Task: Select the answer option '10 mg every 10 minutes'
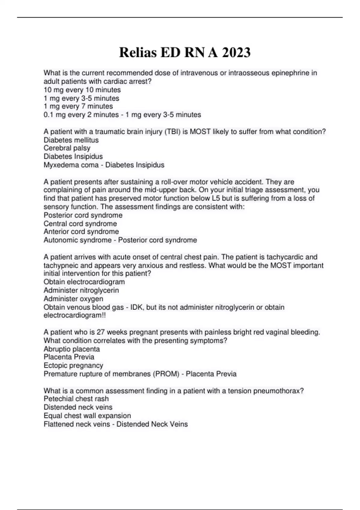[82, 90]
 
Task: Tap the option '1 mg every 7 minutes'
[78, 106]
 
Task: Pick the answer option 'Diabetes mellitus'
[71, 140]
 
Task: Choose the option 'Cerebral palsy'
[67, 148]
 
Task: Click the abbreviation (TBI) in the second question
[172, 132]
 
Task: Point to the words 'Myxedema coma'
[71, 165]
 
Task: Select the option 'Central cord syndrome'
[80, 224]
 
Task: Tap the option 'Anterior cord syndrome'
[81, 232]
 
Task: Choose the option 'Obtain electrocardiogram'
[84, 282]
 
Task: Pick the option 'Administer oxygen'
[73, 299]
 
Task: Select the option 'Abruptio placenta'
[72, 349]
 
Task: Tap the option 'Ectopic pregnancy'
[73, 365]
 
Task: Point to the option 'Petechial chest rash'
[76, 399]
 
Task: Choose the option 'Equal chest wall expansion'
[87, 416]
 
